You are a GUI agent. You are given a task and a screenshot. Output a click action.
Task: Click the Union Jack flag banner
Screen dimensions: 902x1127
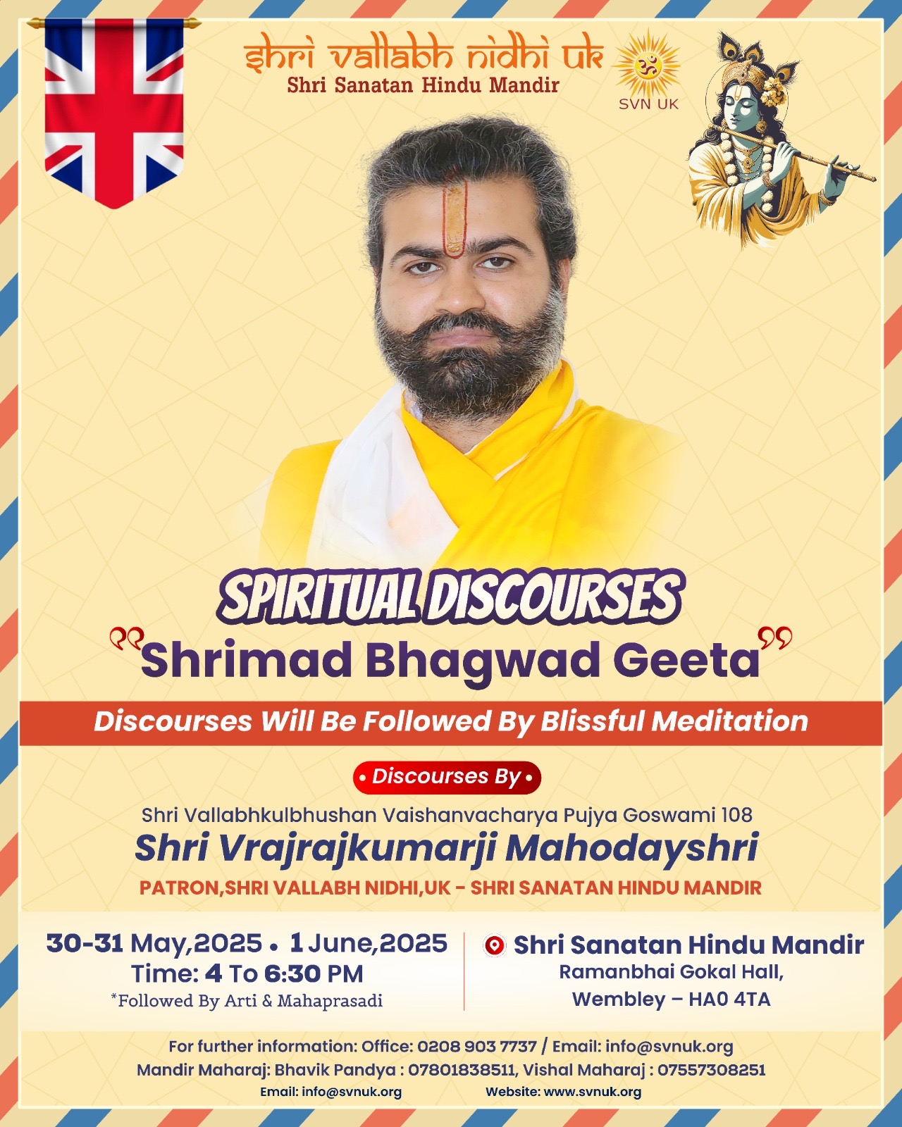click(113, 113)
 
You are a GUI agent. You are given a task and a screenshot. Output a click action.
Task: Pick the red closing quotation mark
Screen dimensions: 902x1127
click(774, 637)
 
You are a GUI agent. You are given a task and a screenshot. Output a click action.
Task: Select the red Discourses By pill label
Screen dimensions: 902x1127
click(447, 778)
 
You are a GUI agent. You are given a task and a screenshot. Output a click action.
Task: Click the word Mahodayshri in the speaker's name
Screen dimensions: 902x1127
click(632, 847)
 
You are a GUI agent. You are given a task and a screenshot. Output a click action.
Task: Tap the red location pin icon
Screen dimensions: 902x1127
click(495, 945)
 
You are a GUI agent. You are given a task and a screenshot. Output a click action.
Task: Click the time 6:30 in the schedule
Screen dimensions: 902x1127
click(292, 974)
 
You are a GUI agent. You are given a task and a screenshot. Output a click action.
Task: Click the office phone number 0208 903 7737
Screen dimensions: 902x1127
click(477, 1047)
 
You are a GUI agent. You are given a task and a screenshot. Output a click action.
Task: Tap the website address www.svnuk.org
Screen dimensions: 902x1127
click(592, 1092)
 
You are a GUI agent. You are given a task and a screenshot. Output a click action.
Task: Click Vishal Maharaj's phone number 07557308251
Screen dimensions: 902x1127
click(711, 1070)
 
